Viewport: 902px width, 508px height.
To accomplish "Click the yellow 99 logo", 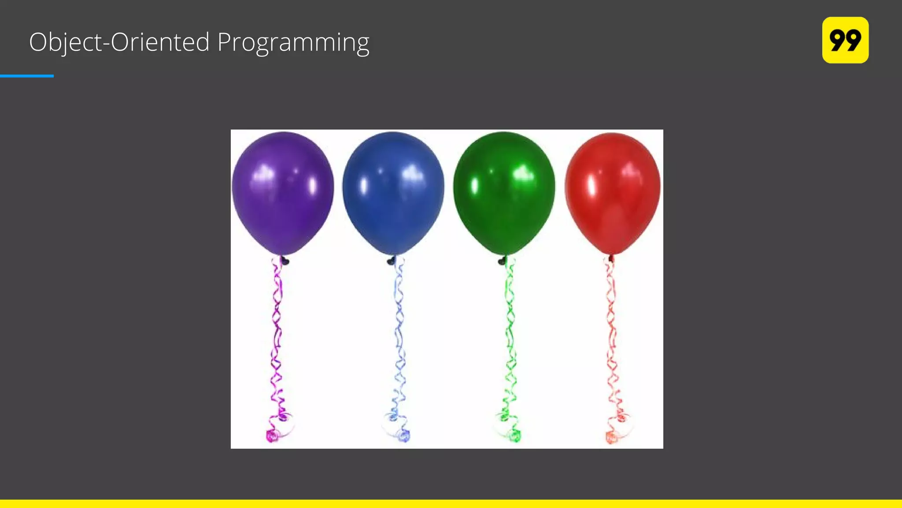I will tap(845, 40).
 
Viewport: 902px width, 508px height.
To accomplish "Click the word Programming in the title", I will tap(293, 43).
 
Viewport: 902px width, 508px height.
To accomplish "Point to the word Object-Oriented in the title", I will tap(119, 43).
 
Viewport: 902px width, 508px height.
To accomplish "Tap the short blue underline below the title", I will tap(27, 76).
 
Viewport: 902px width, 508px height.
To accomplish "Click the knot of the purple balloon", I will tap(285, 261).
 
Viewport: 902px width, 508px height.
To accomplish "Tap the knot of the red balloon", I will tap(611, 259).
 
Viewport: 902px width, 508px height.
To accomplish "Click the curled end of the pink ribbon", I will tap(272, 436).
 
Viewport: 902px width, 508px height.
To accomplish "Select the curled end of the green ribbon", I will tap(514, 436).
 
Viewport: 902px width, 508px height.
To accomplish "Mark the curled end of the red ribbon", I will tap(611, 437).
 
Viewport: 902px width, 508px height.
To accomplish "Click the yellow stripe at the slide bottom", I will tap(451, 504).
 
